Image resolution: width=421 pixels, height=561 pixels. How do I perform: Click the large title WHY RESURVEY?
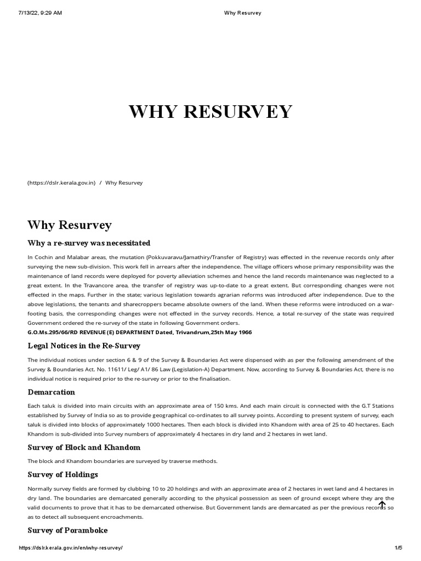210,112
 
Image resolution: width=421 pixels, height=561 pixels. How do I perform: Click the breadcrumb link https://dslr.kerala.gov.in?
62,182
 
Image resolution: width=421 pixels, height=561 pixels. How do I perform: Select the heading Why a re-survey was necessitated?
89,243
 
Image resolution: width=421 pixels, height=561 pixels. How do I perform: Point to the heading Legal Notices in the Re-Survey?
84,346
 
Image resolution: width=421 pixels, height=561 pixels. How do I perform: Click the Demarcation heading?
52,392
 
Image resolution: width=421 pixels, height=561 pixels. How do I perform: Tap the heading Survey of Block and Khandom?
84,448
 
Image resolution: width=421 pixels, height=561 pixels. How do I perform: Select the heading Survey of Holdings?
62,474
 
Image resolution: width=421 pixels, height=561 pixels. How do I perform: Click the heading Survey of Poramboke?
67,530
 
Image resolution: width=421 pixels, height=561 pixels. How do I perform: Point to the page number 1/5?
399,548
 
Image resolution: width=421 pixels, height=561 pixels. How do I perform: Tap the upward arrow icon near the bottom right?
382,505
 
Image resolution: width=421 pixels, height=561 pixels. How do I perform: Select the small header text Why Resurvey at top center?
243,13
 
